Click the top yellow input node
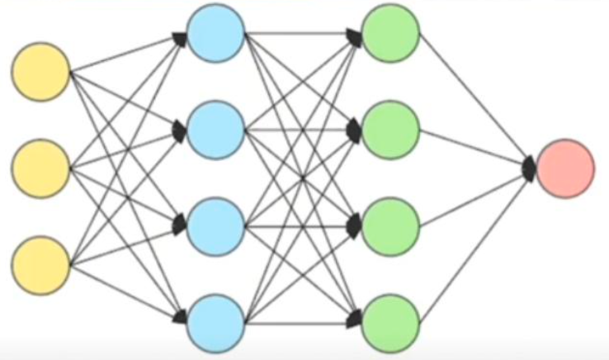[x=40, y=73]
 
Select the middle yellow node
[x=40, y=168]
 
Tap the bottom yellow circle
[x=40, y=265]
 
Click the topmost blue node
[x=215, y=34]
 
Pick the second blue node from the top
[x=215, y=129]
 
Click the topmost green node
[x=391, y=34]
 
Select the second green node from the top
[x=391, y=129]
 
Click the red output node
[x=565, y=168]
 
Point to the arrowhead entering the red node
[x=530, y=168]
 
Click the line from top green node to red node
[x=474, y=100]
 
